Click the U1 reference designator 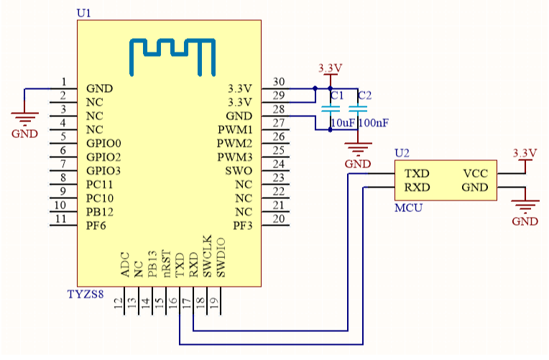click(83, 13)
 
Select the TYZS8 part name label click(86, 294)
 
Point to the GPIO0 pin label click(103, 143)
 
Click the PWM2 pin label click(235, 143)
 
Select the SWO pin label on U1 click(239, 170)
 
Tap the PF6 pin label click(96, 225)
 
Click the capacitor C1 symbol click(331, 109)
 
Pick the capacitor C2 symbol click(357, 109)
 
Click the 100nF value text click(374, 123)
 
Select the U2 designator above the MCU click(402, 153)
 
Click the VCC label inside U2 click(476, 174)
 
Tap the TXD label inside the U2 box click(417, 174)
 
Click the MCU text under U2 click(408, 208)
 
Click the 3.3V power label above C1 click(330, 68)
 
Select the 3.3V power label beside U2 click(525, 153)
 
